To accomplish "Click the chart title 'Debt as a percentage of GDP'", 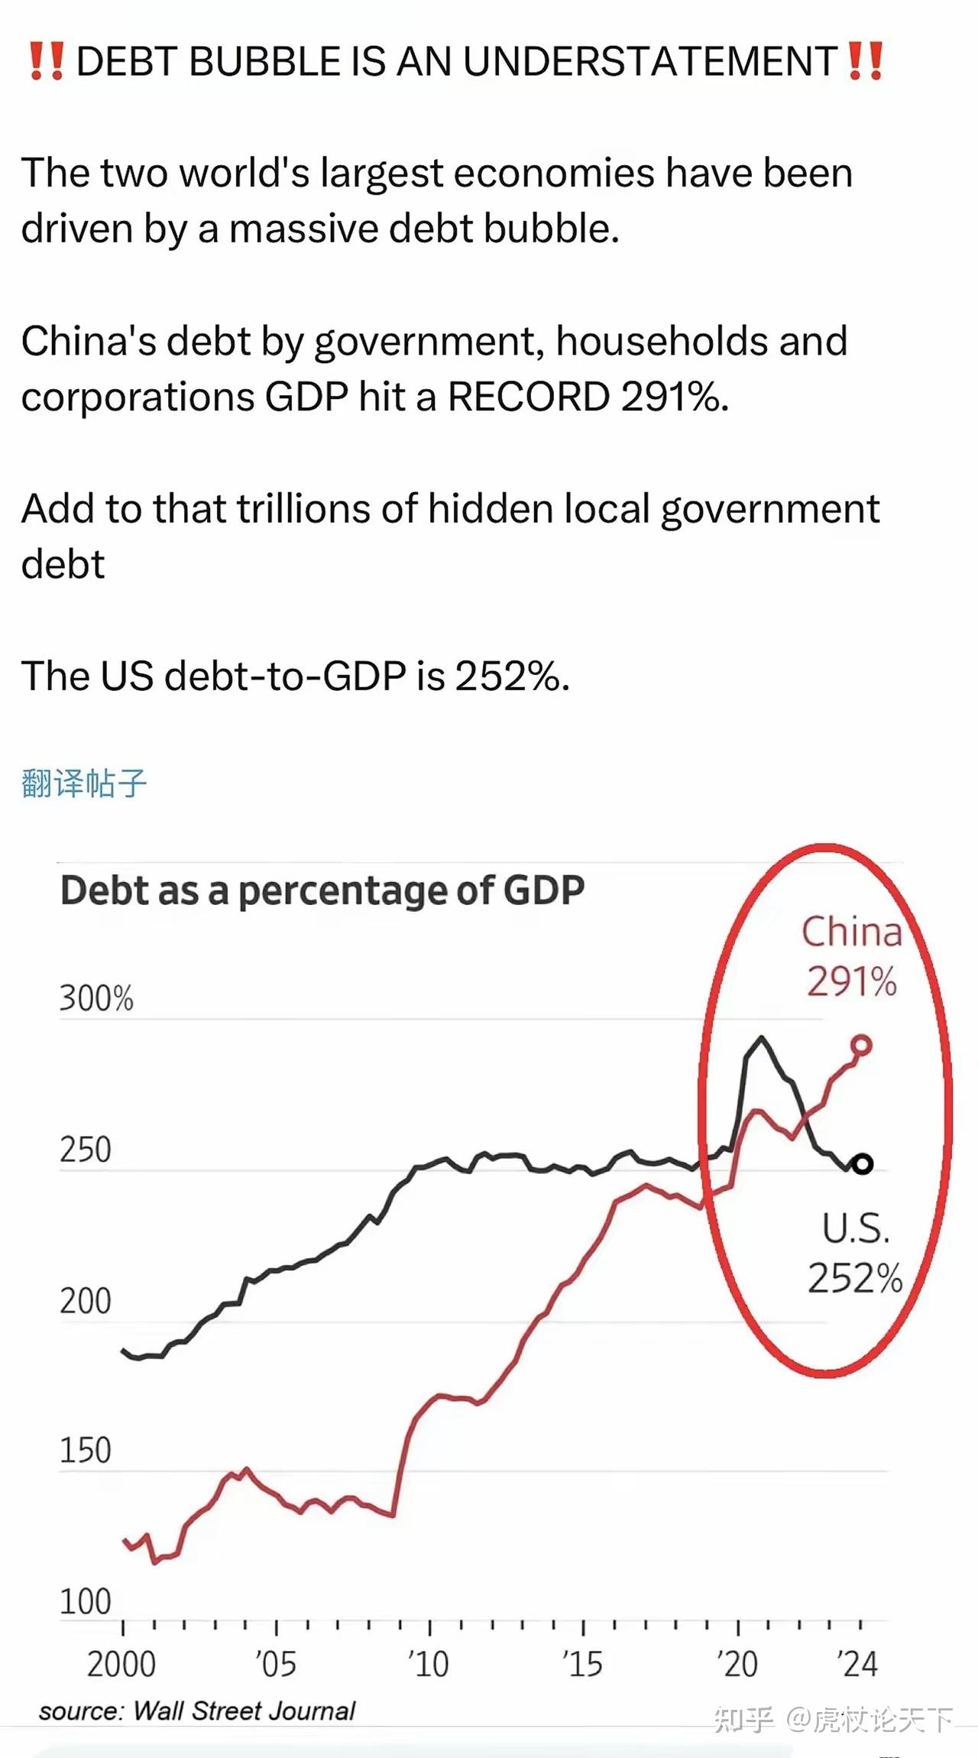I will coord(322,890).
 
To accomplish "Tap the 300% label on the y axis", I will coord(96,998).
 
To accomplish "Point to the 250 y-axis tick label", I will coord(86,1150).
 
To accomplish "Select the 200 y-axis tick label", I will coord(86,1301).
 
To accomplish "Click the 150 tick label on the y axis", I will coord(86,1450).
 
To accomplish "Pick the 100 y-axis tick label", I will coord(86,1601).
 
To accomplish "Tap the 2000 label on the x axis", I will coord(121,1664).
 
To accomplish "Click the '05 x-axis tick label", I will coord(275,1664).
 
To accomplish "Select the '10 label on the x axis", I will coord(429,1664).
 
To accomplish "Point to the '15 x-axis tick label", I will coord(582,1664).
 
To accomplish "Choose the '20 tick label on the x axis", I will coord(737,1664).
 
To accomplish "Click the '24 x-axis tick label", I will coord(857,1664).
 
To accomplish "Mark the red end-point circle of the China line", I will coord(861,1045).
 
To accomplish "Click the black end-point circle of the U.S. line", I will coord(862,1164).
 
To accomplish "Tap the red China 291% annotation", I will coord(852,956).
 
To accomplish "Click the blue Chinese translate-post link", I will coord(84,783).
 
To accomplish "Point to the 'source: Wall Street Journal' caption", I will coord(197,1711).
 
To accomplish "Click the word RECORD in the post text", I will coord(529,397).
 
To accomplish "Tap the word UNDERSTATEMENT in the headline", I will coord(650,61).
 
